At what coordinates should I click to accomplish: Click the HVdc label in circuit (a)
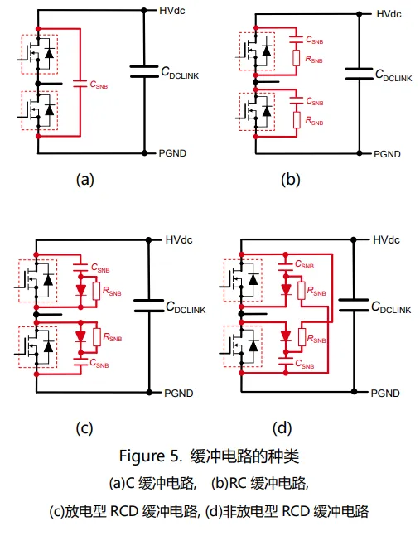(172, 11)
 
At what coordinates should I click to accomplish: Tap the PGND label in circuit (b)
(387, 154)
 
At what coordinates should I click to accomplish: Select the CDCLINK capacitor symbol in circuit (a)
(144, 71)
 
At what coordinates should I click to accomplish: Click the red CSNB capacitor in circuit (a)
(80, 83)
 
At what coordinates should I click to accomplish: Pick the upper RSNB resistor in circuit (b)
(297, 58)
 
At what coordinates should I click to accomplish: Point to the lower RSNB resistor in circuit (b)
(297, 120)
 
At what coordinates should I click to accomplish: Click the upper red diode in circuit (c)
(80, 290)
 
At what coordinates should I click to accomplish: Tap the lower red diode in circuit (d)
(286, 336)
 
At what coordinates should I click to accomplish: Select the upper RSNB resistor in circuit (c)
(97, 291)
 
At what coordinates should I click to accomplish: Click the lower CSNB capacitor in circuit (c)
(80, 362)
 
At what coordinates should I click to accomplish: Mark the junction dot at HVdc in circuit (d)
(354, 240)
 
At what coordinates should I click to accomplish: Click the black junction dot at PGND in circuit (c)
(149, 392)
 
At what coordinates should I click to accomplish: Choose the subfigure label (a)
(84, 179)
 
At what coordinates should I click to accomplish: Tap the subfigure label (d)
(282, 427)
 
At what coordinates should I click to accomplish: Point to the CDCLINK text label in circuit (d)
(391, 307)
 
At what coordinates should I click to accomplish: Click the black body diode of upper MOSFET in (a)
(50, 53)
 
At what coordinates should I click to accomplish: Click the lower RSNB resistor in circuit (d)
(302, 337)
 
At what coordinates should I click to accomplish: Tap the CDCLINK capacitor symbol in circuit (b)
(359, 74)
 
